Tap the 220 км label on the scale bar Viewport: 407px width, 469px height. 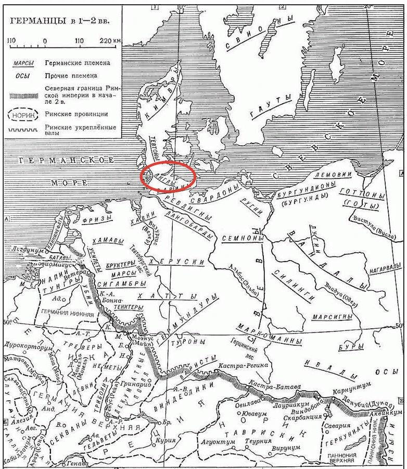tap(110, 41)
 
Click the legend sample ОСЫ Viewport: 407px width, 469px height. tap(21, 76)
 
